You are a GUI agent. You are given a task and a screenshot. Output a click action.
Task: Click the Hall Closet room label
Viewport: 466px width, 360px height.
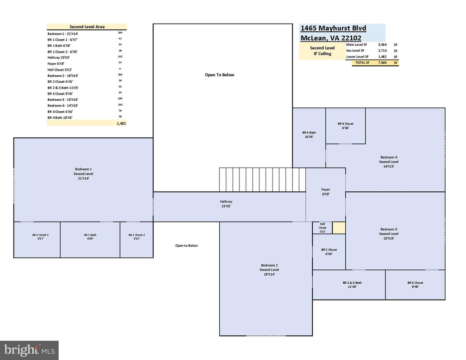[322, 228]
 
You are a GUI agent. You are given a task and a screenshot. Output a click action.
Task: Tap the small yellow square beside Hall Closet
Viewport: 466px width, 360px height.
[339, 228]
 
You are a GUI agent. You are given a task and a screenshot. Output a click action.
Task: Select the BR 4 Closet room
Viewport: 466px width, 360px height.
[345, 126]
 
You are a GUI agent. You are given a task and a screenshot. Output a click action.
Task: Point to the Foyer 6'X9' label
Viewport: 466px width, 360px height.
[326, 192]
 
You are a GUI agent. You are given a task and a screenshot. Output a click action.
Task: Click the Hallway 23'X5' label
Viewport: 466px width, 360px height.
[226, 204]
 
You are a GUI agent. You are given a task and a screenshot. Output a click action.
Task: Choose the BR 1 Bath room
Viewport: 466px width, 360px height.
[90, 239]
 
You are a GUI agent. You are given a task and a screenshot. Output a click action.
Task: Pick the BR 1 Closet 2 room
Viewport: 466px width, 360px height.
[137, 239]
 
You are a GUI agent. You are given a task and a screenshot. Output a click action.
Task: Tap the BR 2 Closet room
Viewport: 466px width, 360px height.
[329, 252]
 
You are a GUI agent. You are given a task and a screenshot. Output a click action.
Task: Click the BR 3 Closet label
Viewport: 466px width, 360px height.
[415, 285]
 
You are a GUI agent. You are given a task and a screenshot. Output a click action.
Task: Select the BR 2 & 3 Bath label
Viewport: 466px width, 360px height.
[352, 285]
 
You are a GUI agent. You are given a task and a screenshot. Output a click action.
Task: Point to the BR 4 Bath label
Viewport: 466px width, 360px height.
[309, 135]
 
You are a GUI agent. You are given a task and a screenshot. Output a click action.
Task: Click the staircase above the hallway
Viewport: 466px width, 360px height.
[262, 180]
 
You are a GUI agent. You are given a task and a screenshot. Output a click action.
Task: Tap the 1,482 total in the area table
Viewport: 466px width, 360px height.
[121, 124]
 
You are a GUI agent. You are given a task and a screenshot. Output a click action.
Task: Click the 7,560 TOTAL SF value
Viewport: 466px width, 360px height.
[382, 63]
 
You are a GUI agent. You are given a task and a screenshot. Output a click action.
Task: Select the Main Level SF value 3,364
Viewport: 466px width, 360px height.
[382, 45]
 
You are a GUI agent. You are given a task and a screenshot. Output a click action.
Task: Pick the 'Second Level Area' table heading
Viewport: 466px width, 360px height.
[87, 27]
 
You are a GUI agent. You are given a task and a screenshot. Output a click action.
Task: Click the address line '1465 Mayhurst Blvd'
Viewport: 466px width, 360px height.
[333, 28]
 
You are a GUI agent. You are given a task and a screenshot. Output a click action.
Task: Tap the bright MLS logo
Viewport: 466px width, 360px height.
[29, 350]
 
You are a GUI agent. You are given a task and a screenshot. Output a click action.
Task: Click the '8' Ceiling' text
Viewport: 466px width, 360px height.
[322, 54]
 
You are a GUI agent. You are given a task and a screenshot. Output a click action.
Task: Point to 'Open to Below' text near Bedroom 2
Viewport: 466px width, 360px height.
[186, 245]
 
